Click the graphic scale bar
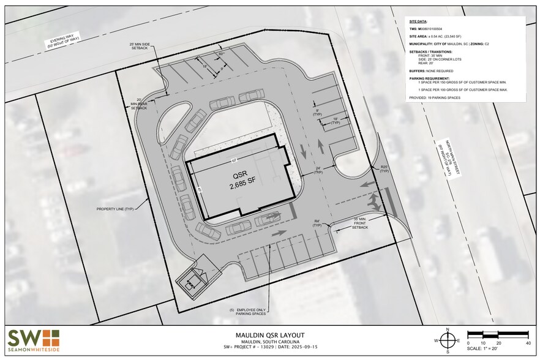click(x=498, y=334)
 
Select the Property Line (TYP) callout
click(x=116, y=209)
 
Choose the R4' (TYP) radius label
click(x=317, y=223)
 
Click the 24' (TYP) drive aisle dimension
click(x=318, y=170)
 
